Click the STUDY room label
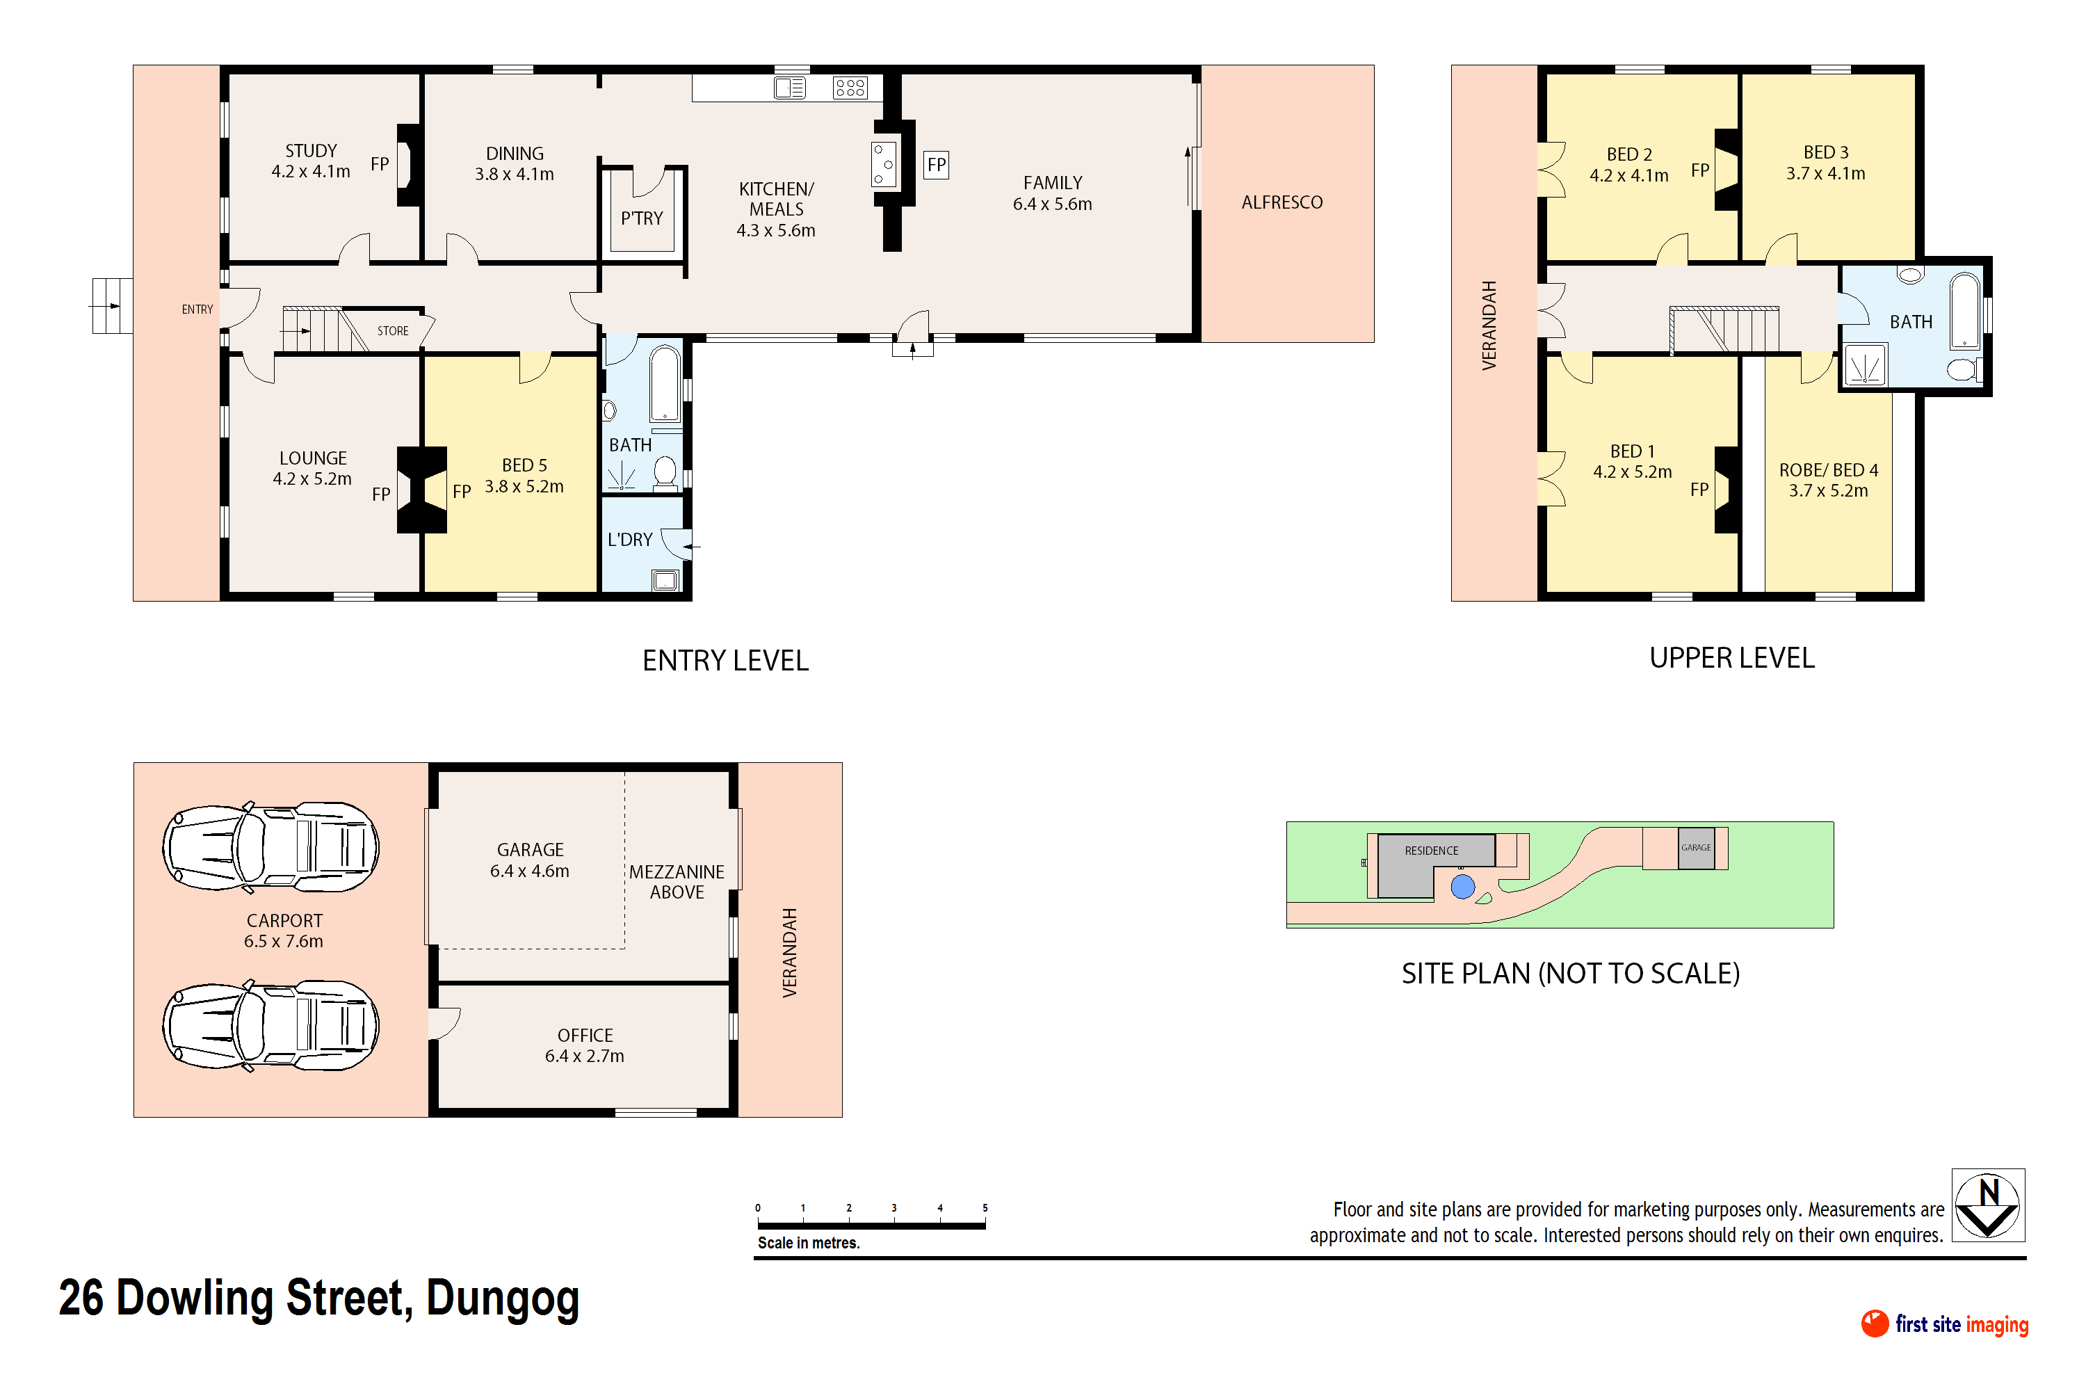[312, 151]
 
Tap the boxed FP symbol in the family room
[936, 165]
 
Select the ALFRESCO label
[1281, 202]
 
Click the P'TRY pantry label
[641, 218]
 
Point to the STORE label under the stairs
[393, 331]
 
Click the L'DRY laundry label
[630, 540]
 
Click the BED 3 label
[1826, 152]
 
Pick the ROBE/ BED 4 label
[1829, 470]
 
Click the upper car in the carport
[270, 847]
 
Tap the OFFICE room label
[585, 1036]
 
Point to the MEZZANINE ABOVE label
[677, 882]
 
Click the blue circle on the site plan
[1462, 886]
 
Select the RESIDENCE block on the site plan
[1432, 865]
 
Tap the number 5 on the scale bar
[985, 1208]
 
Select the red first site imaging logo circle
[1875, 1324]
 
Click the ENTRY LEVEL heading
[725, 661]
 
